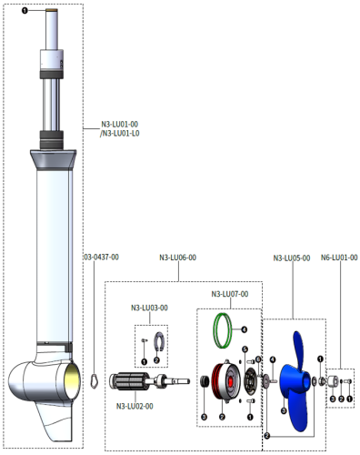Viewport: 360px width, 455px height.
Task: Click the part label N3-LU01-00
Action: (120, 125)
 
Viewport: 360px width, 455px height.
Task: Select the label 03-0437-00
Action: (101, 257)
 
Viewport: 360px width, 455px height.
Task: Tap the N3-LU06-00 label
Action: (177, 257)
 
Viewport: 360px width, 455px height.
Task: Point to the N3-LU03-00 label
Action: (150, 308)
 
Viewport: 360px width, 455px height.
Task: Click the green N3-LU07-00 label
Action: (230, 294)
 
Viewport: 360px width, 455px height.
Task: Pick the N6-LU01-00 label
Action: (339, 258)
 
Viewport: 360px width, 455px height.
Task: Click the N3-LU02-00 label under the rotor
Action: (135, 405)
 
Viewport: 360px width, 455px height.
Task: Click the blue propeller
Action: (295, 382)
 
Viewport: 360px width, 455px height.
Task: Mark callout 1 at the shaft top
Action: (25, 11)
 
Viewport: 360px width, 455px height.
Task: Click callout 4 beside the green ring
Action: (244, 329)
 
